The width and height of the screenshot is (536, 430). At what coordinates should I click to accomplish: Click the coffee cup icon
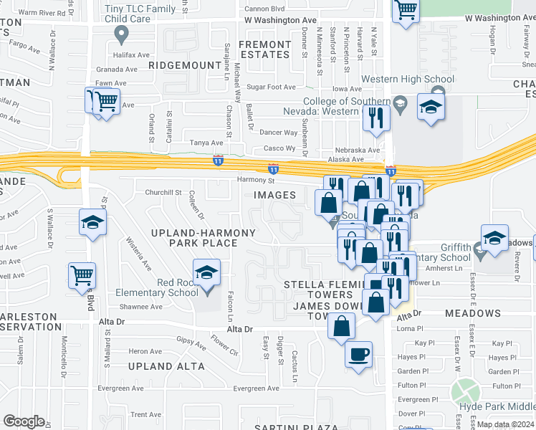pyautogui.click(x=358, y=353)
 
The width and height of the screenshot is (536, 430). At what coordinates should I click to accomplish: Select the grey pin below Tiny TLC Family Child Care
pyautogui.click(x=121, y=33)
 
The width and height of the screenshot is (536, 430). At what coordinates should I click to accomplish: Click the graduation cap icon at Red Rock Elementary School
pyautogui.click(x=206, y=273)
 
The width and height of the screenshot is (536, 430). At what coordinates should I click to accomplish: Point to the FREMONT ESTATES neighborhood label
pyautogui.click(x=265, y=49)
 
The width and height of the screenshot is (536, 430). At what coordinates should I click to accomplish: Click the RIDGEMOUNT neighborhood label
pyautogui.click(x=185, y=65)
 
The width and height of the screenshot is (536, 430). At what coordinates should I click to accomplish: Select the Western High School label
pyautogui.click(x=408, y=80)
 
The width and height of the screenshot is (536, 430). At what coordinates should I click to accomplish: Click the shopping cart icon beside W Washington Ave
pyautogui.click(x=406, y=10)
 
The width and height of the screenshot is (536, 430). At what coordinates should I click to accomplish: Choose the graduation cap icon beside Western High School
pyautogui.click(x=431, y=107)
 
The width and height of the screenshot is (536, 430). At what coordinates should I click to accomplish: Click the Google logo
pyautogui.click(x=24, y=421)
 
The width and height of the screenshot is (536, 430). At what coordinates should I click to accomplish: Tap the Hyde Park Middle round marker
pyautogui.click(x=465, y=392)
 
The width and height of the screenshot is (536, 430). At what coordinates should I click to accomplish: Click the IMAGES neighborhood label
pyautogui.click(x=274, y=195)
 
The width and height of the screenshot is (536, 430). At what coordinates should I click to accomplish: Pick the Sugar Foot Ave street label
pyautogui.click(x=271, y=87)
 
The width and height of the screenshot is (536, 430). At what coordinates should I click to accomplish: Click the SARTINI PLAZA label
pyautogui.click(x=297, y=427)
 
